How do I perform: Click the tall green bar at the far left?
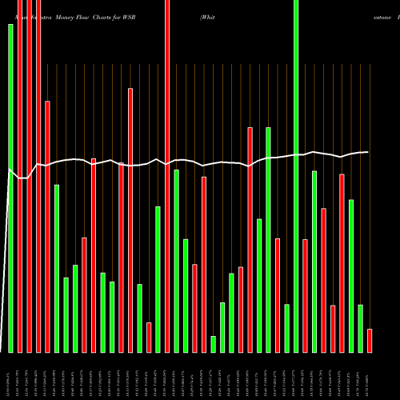pos(10,188)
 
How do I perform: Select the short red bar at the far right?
pos(370,340)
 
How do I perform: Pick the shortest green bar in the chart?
pos(213,344)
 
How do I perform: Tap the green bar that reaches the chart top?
pos(296,176)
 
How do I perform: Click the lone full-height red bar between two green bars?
pos(167,176)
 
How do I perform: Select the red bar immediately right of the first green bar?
pos(20,176)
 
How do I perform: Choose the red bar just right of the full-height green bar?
pos(305,295)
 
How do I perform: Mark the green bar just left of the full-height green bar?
pos(286,328)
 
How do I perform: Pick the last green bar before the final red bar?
pos(360,328)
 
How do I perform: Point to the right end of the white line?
pos(369,152)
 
